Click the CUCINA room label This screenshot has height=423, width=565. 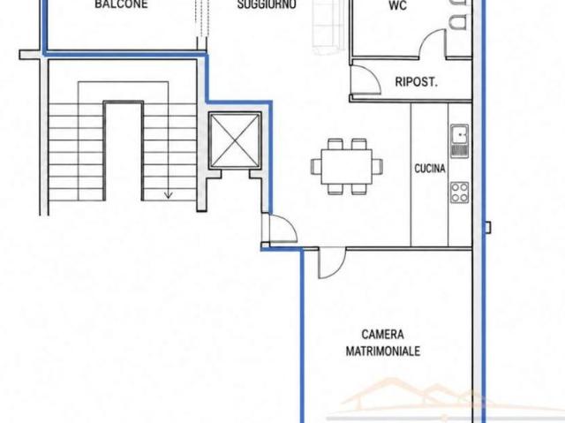coord(430,169)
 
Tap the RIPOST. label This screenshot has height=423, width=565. coord(416,82)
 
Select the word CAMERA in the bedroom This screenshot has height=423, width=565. coord(382,335)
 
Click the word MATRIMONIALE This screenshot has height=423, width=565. coord(382,351)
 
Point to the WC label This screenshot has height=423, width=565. coord(398,5)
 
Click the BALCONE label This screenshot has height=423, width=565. coord(121,4)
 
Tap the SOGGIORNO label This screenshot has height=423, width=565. coord(267,4)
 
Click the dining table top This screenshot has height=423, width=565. coord(347,166)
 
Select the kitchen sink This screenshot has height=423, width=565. coord(459,141)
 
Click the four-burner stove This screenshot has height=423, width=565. coord(459,192)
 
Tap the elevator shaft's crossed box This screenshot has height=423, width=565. coord(235,140)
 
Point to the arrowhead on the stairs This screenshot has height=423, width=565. coord(169,195)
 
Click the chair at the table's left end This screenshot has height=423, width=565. coord(316,166)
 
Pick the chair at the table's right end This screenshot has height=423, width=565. coord(377,166)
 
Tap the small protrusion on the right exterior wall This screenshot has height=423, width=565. coord(488,227)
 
